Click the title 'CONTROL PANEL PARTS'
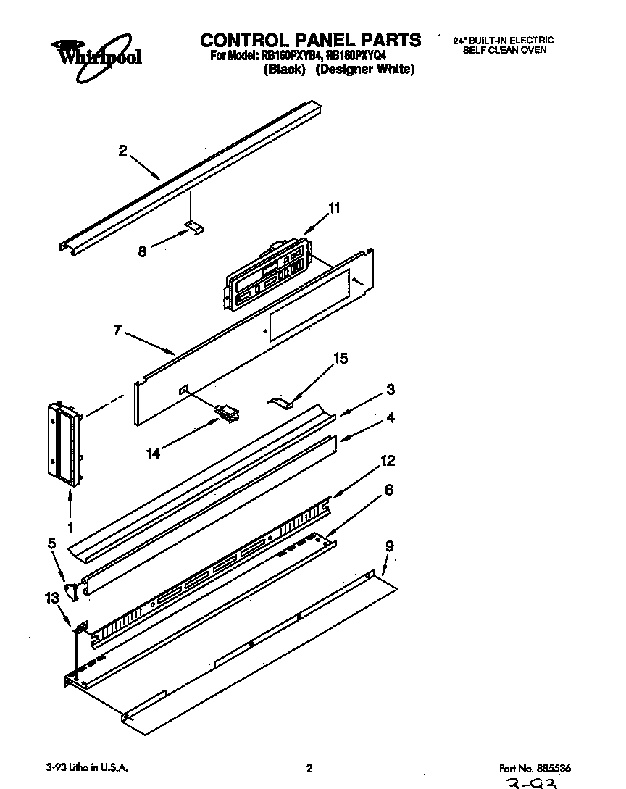coord(310,40)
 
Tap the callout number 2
coord(122,151)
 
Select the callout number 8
coord(142,251)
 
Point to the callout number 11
coord(333,208)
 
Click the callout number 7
coord(117,330)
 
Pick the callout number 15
coord(340,358)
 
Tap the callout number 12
coord(388,461)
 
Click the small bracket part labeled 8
coord(194,228)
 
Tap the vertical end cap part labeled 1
coord(64,442)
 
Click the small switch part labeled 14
coord(228,414)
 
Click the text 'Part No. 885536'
coord(540,768)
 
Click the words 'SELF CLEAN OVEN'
coord(504,50)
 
